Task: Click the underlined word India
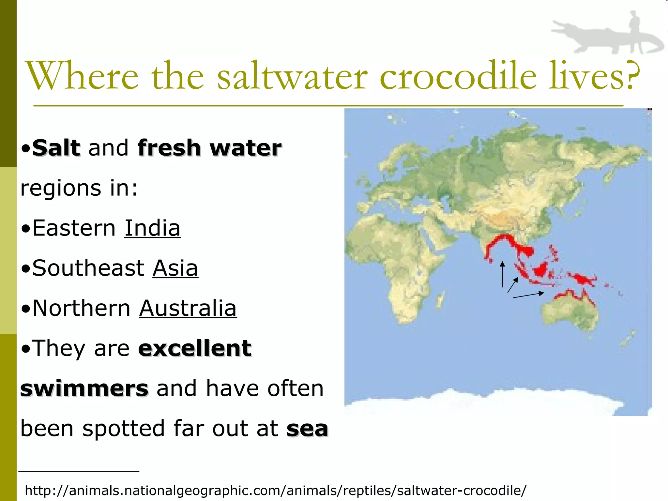(152, 228)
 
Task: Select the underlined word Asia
(175, 268)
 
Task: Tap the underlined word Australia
(188, 308)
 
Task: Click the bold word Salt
(56, 148)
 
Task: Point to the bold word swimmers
(84, 388)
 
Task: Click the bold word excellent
(195, 348)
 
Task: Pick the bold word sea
(307, 429)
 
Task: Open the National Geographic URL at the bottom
(276, 490)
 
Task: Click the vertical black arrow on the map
(502, 274)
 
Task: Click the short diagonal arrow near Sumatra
(513, 285)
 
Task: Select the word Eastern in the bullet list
(74, 228)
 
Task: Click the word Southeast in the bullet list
(88, 268)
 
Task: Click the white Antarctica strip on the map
(489, 403)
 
